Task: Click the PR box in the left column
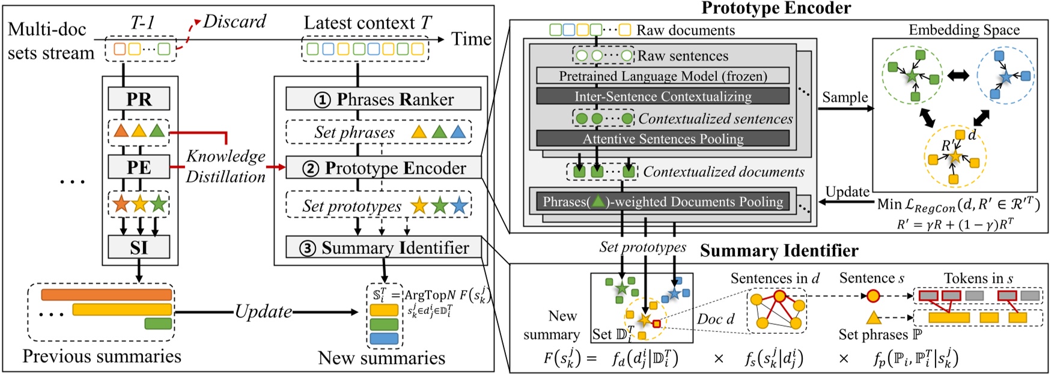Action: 139,99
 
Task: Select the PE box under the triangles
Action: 139,167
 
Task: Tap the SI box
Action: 139,247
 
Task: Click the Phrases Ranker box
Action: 383,99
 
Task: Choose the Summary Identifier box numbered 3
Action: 383,247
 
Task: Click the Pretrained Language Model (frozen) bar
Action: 662,76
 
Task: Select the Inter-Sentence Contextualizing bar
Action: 662,97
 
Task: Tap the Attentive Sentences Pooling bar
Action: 662,139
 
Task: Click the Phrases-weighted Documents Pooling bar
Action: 662,202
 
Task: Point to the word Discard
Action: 234,22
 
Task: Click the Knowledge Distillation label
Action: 225,166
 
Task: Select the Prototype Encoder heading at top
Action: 776,8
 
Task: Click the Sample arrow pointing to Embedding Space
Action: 845,109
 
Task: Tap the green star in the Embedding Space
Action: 912,76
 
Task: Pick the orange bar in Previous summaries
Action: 106,295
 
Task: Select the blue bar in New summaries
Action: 383,339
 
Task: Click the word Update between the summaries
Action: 263,312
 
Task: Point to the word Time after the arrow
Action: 471,40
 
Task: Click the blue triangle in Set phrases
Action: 458,132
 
